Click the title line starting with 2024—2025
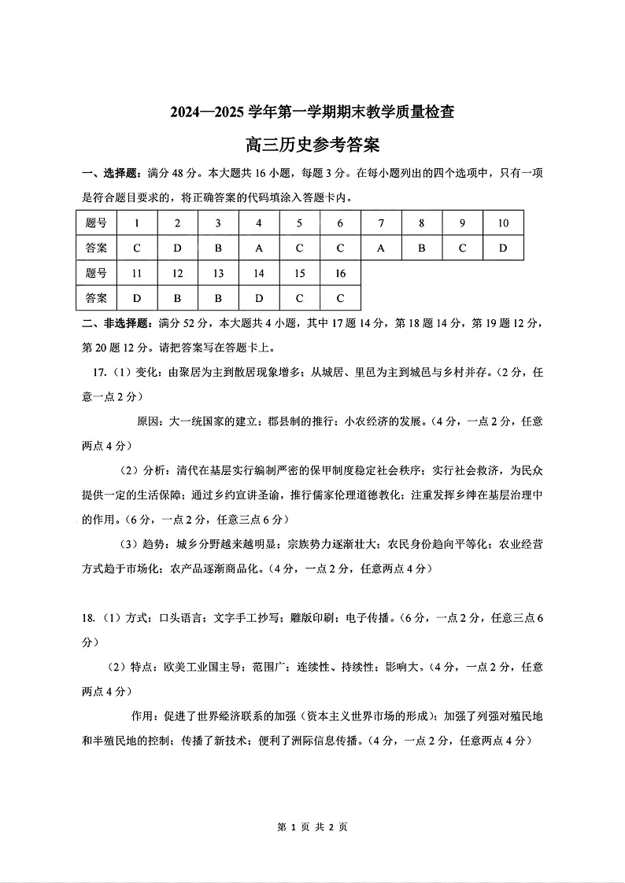[x=312, y=112]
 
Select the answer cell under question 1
[x=137, y=248]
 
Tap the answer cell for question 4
[x=259, y=248]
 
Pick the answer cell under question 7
[x=381, y=248]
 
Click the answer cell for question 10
[x=503, y=248]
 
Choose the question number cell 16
[x=340, y=274]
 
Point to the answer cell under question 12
[x=178, y=299]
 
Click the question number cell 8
[x=422, y=223]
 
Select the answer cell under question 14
[x=259, y=299]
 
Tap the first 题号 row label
[x=96, y=223]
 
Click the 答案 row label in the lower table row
[x=96, y=299]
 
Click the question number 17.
[x=99, y=373]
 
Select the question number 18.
[x=88, y=618]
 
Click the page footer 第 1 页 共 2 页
[x=312, y=826]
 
